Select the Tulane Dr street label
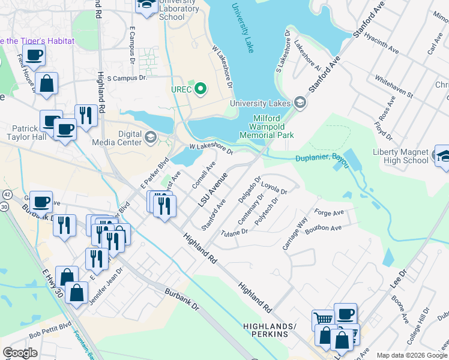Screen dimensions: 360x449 (234, 233)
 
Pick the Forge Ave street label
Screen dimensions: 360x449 (329, 212)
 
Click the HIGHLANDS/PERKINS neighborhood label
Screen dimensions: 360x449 (270, 329)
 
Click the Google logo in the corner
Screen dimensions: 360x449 (20, 352)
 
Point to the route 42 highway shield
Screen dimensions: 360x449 (7, 195)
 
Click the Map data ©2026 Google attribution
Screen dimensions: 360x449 (412, 355)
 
